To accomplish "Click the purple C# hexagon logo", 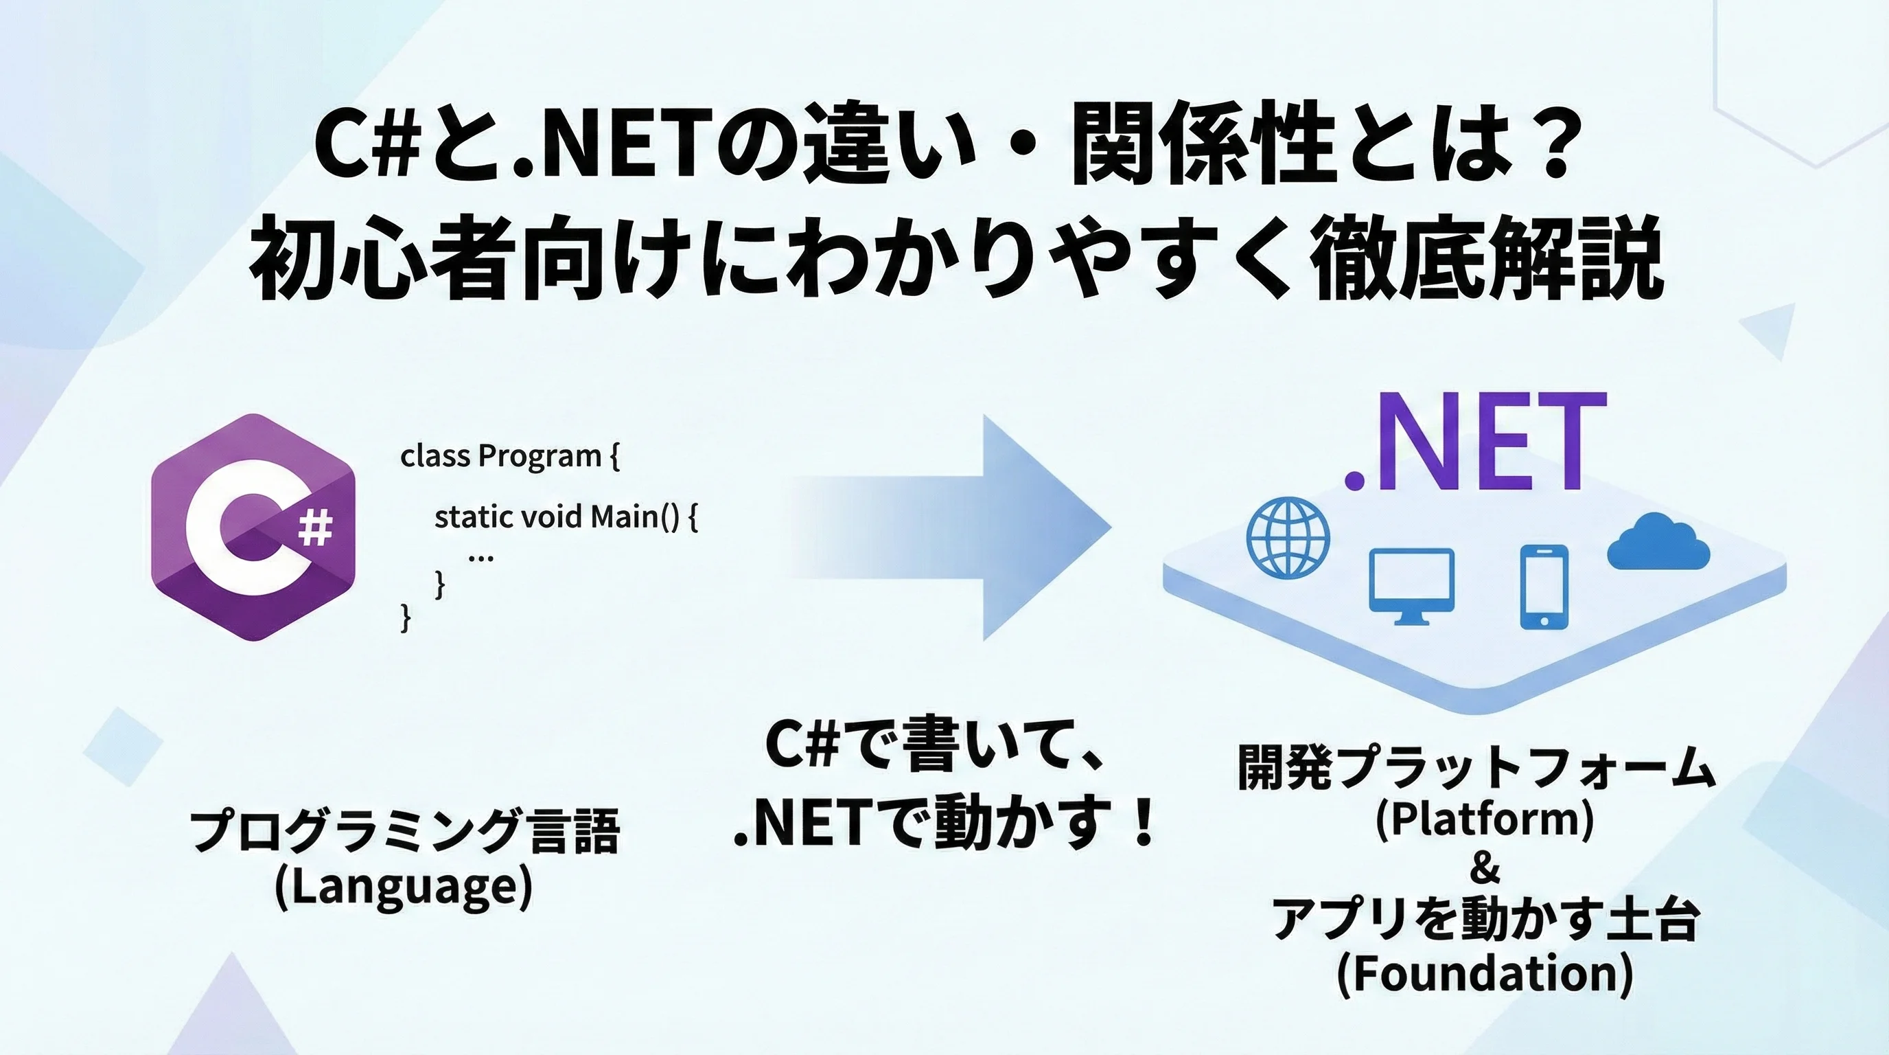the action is (x=253, y=527).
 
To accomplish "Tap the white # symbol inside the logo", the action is (x=316, y=528).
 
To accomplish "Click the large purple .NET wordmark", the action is (x=1474, y=442).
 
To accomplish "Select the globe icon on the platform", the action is (x=1288, y=538).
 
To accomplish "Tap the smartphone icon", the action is (x=1544, y=586).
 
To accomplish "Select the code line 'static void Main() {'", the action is (x=566, y=518).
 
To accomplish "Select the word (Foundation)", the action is (x=1485, y=973).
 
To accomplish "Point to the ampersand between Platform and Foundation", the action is (x=1485, y=870).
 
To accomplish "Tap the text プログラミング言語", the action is (x=405, y=832).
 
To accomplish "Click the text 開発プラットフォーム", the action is (x=1477, y=767).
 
